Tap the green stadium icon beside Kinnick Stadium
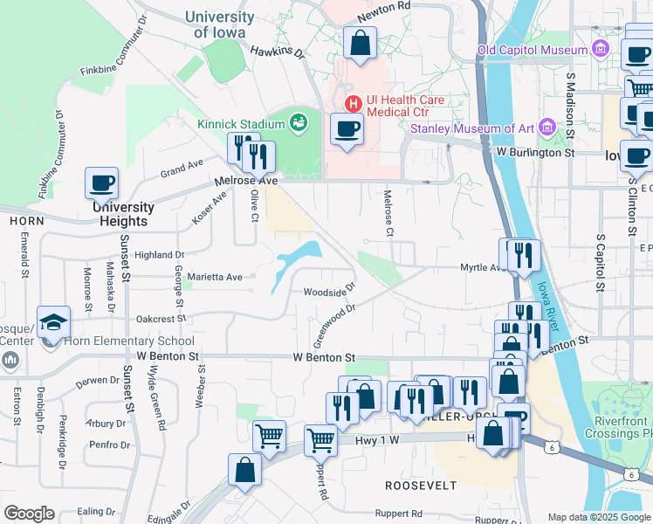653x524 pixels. coord(299,122)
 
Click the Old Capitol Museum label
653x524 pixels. coord(533,50)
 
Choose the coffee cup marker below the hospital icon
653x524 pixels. coord(347,129)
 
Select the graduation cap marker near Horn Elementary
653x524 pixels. coord(53,321)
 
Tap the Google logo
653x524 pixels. coord(29,514)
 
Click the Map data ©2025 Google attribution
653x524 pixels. coord(598,517)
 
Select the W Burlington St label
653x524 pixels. coord(535,152)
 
